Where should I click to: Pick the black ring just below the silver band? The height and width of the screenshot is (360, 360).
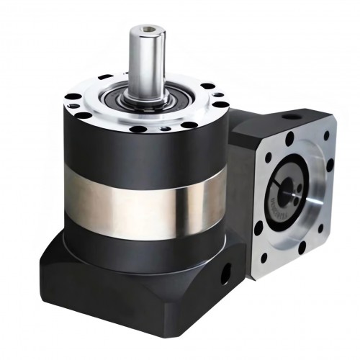coord(144,234)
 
